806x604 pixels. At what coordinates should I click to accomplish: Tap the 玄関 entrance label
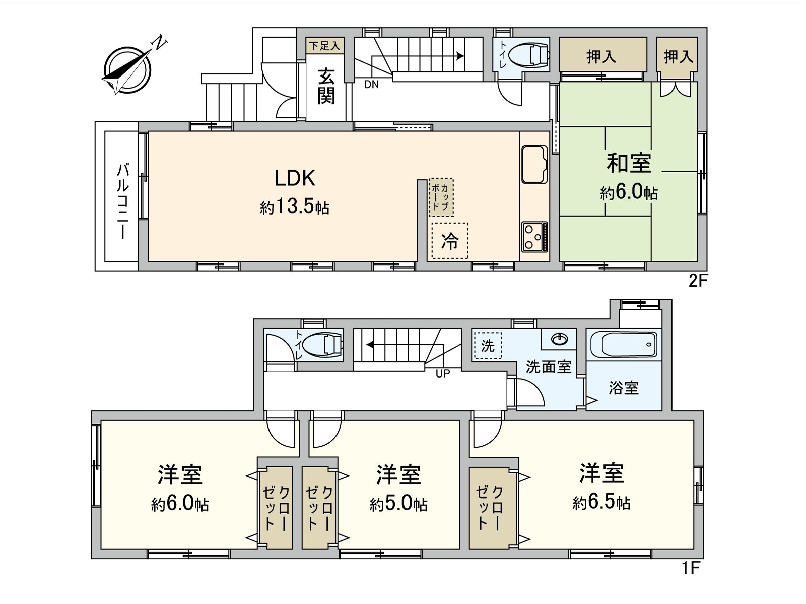click(326, 86)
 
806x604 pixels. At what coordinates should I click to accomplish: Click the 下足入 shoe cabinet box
click(324, 46)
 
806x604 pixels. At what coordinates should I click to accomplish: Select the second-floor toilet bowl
click(529, 55)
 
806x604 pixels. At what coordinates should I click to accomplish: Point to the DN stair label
click(371, 85)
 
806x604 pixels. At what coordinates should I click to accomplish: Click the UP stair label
click(442, 373)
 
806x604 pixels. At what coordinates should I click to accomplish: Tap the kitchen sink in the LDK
click(534, 164)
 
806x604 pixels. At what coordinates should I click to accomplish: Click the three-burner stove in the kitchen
click(534, 236)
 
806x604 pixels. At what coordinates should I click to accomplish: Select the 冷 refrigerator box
click(450, 241)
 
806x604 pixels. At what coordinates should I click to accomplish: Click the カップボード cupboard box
click(441, 197)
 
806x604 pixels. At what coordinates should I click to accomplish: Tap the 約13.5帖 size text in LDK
click(295, 207)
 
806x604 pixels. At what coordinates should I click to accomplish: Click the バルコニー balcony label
click(122, 200)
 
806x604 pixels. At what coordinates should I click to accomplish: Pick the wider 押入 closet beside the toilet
click(602, 55)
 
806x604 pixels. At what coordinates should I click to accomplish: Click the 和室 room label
click(629, 163)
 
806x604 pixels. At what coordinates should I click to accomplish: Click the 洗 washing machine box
click(488, 346)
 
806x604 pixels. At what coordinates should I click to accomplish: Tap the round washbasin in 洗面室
click(560, 340)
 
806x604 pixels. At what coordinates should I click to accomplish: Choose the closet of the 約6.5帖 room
click(489, 507)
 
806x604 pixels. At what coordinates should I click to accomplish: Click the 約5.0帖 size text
click(398, 503)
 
